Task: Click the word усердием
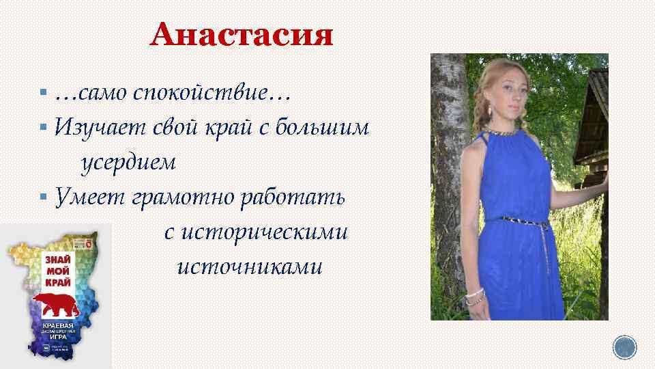(x=129, y=163)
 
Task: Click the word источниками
(x=249, y=266)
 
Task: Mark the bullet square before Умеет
(x=43, y=197)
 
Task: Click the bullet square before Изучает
(x=43, y=126)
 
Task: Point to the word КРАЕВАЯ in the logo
(x=60, y=326)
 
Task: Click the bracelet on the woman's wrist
(x=474, y=296)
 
